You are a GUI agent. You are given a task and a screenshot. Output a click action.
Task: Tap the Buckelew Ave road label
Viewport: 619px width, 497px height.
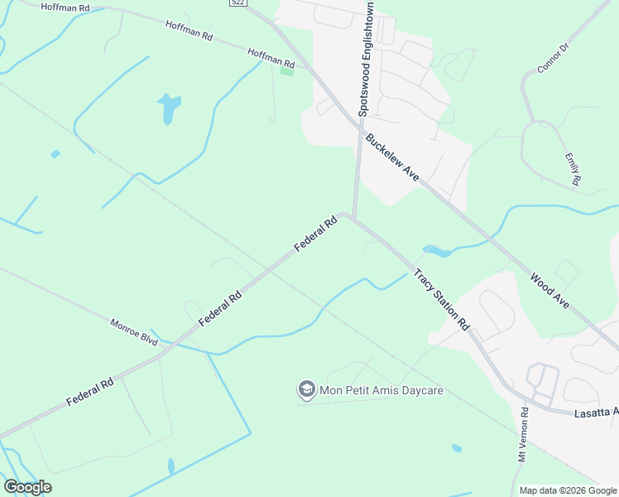pos(392,157)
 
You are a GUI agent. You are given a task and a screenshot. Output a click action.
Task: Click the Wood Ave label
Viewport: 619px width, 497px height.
pos(549,292)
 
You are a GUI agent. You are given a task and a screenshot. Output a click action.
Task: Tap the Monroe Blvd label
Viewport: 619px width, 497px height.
pos(134,327)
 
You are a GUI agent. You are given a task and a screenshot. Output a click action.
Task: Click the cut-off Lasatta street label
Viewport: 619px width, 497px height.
pos(596,412)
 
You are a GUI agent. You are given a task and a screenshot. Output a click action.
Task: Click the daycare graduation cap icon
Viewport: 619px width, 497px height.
pos(306,389)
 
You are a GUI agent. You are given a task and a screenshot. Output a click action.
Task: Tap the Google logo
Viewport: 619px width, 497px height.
pos(27,487)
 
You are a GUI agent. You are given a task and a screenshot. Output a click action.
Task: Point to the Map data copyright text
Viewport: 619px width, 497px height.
pos(567,490)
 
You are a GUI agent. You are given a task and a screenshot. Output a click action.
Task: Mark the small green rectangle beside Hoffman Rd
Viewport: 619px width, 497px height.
pos(287,71)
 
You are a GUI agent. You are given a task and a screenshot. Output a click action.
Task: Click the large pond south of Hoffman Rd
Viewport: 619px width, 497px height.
pos(169,107)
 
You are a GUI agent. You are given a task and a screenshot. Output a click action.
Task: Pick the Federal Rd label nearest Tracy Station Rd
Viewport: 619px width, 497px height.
pos(316,234)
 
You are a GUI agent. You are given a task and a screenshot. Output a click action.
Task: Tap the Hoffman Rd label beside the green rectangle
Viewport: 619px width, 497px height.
pos(271,57)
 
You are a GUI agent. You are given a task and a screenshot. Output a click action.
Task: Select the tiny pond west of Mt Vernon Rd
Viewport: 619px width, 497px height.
pos(457,448)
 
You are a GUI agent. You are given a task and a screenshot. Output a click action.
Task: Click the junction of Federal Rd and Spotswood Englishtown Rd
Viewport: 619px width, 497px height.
pos(353,217)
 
